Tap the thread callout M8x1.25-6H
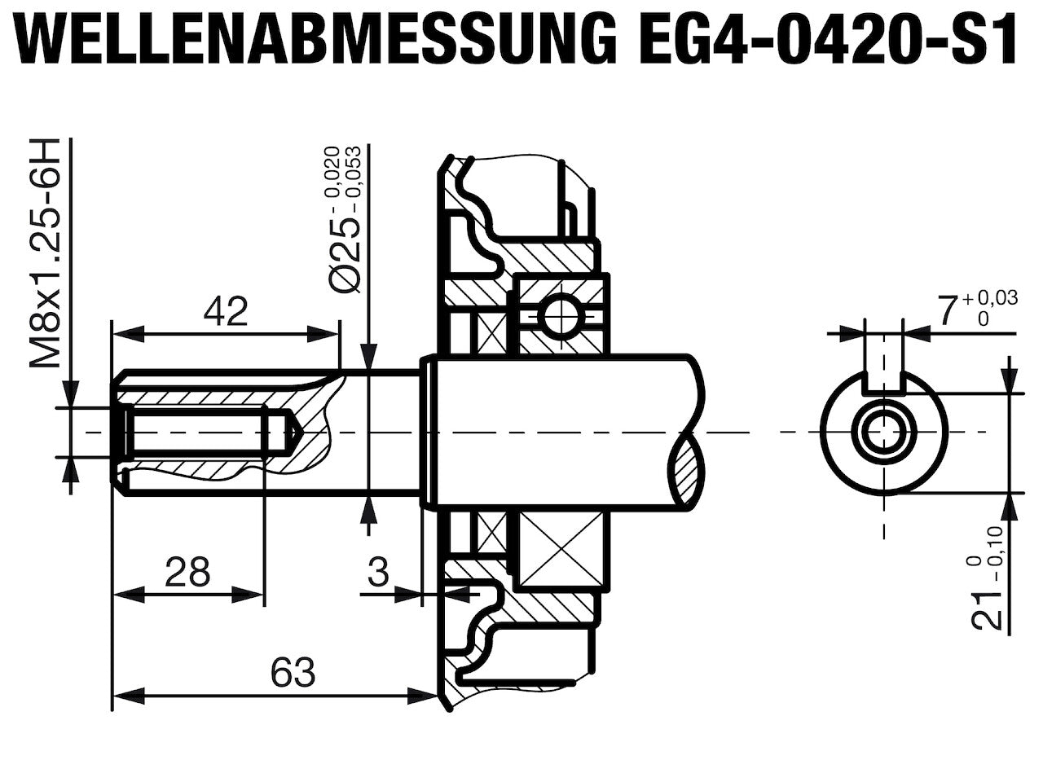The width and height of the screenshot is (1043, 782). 46,253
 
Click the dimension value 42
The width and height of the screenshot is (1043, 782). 226,312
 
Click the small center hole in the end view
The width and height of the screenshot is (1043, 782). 884,433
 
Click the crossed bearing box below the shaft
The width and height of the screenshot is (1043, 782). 561,551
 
